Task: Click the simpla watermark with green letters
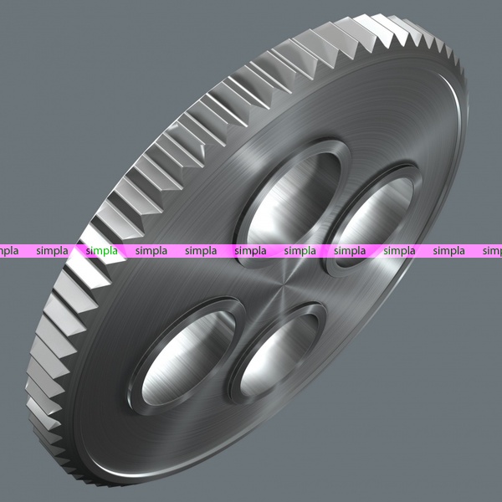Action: click(x=101, y=251)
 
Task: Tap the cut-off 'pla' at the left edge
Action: click(x=9, y=251)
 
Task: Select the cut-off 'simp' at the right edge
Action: click(x=493, y=251)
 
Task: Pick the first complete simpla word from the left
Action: click(x=52, y=251)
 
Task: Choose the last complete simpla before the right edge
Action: click(x=448, y=251)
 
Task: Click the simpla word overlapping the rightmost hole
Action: click(x=350, y=251)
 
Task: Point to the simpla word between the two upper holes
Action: click(x=300, y=251)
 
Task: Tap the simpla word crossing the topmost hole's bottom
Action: click(x=250, y=251)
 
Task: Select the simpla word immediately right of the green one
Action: click(x=151, y=251)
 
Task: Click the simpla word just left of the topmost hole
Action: click(x=201, y=251)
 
